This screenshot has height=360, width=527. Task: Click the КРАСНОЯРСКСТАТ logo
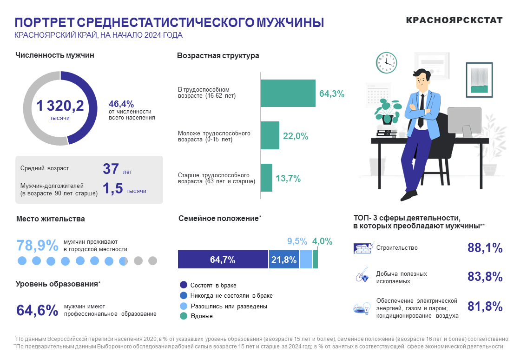[x=454, y=20]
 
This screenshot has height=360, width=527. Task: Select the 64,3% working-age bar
[x=288, y=93]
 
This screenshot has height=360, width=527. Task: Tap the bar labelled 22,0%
[x=270, y=135]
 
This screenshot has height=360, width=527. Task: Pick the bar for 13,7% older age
[x=266, y=178]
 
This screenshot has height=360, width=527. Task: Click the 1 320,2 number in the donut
[x=60, y=106]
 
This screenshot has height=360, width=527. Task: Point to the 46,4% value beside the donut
[x=121, y=104]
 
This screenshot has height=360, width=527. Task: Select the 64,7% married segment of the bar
[x=223, y=260]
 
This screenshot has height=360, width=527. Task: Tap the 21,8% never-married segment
[x=283, y=260]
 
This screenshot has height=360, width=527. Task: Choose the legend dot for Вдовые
[x=183, y=316]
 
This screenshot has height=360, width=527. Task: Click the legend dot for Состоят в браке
[x=183, y=285]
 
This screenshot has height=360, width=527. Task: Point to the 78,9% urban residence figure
[x=37, y=246]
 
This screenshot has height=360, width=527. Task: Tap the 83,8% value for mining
[x=485, y=277]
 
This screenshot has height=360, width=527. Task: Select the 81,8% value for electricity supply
[x=485, y=307]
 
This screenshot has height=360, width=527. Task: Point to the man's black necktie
[x=421, y=111]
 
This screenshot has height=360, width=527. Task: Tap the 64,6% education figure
[x=37, y=310]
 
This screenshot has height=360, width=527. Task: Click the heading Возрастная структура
[x=218, y=56]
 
